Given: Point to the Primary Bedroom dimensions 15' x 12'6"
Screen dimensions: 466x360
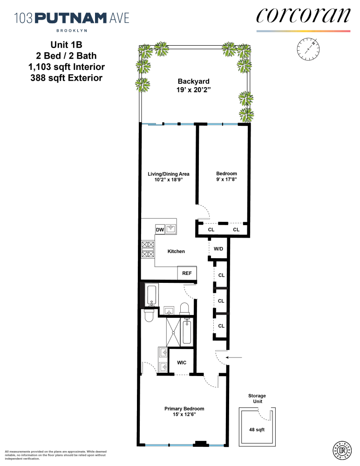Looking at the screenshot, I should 184,414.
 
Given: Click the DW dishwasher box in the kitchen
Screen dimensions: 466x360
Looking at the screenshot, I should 160,229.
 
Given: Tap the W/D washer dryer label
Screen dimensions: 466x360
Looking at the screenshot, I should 218,249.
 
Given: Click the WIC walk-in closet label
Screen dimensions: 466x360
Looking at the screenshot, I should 181,362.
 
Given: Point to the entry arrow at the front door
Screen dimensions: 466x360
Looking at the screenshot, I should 237,357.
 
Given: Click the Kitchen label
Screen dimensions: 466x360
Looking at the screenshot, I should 176,252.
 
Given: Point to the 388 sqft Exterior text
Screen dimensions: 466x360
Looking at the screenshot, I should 66,78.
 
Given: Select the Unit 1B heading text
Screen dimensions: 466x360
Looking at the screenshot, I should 66,46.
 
